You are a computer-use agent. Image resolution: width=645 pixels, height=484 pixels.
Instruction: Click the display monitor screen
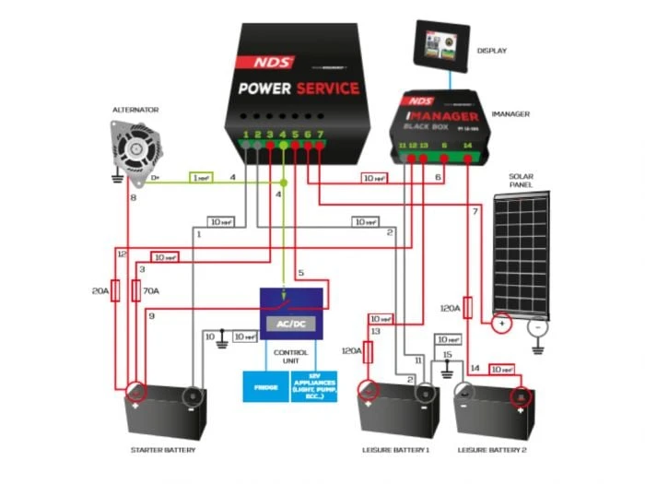coord(440,44)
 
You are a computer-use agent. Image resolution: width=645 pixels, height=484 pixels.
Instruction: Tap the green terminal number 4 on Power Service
coord(283,136)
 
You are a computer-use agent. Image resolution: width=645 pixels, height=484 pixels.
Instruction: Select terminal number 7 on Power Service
coord(320,136)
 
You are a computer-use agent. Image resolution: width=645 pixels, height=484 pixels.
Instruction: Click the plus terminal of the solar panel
coord(501,324)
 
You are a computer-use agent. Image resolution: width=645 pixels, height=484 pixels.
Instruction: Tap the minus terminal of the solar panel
coord(537,325)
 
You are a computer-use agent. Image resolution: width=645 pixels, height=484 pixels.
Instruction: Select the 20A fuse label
coord(100,290)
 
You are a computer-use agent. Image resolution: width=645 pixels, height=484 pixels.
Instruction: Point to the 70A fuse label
coord(150,290)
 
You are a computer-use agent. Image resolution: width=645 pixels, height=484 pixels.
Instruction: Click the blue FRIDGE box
coord(265,386)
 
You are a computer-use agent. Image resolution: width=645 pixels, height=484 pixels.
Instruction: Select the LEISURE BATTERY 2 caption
coord(493,451)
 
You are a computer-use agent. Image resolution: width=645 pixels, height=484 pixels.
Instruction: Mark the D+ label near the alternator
coord(156,177)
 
